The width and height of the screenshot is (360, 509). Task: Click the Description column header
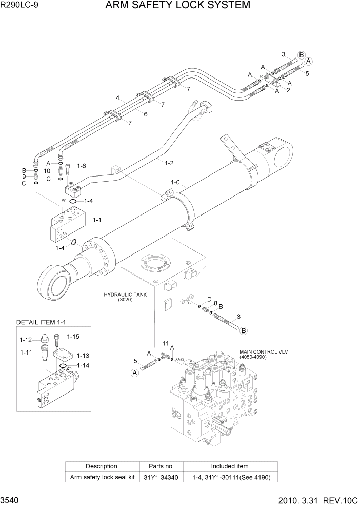[x=102, y=466]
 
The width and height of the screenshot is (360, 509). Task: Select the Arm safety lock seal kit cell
[x=102, y=477]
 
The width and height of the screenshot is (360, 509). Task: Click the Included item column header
[x=229, y=466]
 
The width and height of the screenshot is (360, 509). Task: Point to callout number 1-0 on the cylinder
[x=175, y=182]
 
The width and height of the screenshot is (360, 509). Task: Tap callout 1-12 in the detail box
[x=26, y=340]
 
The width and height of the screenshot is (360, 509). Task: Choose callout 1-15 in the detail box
[x=73, y=337]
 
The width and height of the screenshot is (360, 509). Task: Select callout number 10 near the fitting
[x=47, y=171]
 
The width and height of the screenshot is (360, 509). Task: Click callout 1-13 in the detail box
[x=83, y=355]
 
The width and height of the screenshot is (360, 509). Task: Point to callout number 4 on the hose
[x=117, y=97]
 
